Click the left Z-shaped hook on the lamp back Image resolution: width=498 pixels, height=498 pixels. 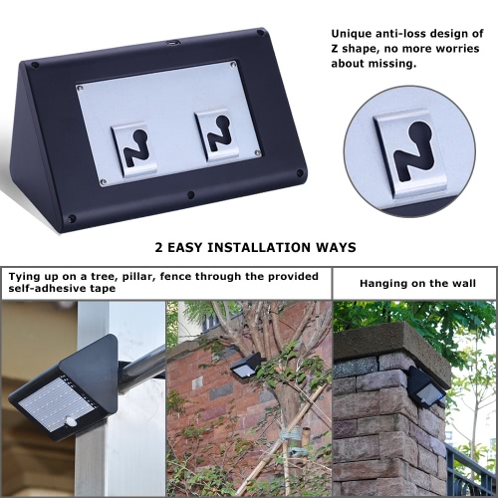134,149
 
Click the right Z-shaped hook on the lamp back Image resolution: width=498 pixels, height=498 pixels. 217,135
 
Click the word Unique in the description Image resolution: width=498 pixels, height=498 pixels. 351,34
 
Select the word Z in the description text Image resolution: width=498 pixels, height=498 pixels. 335,49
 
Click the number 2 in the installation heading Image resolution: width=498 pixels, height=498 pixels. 159,247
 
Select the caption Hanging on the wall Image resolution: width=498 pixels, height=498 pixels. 417,284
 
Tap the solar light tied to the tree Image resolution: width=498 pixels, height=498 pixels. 246,366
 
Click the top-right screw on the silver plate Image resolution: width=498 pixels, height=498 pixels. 233,65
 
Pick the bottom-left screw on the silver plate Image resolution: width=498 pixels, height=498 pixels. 104,181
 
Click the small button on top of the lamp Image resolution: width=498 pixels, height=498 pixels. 172,43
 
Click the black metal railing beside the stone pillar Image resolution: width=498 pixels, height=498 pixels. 471,471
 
